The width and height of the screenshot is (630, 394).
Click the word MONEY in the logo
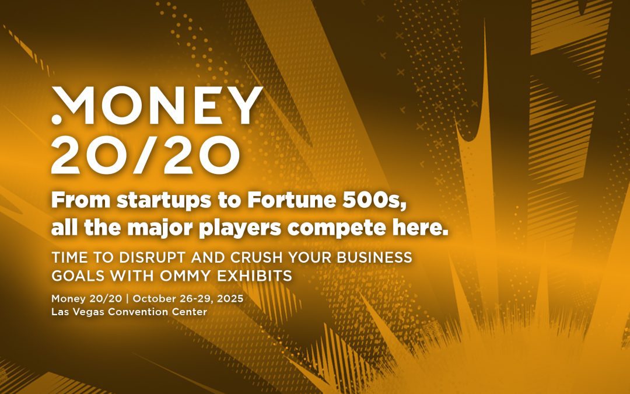[x=157, y=106]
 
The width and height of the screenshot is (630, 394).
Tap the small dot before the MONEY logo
[x=56, y=119]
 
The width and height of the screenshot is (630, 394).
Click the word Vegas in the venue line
[x=88, y=312]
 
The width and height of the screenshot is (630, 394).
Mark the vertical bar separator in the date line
[x=129, y=298]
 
